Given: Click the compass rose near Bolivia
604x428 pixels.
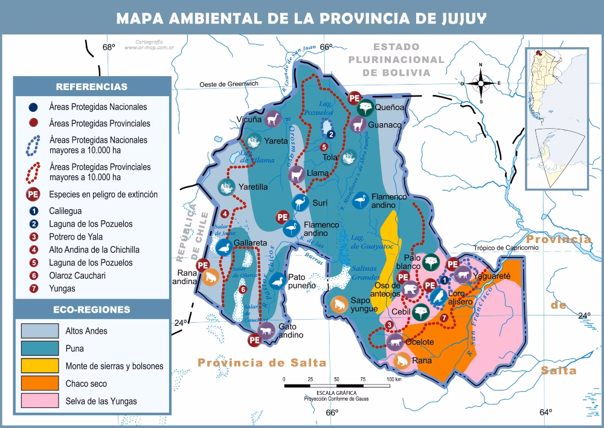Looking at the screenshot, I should [x=481, y=83].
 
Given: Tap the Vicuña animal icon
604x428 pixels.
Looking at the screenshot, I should [x=272, y=118].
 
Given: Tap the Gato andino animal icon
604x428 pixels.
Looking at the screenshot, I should [x=266, y=330].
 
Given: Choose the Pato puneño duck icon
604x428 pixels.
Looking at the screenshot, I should [x=277, y=281].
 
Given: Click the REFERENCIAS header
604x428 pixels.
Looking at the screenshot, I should [x=91, y=86].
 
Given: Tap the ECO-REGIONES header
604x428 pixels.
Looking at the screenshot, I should [x=91, y=310].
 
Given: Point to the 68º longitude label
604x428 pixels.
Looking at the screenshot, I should [x=108, y=47].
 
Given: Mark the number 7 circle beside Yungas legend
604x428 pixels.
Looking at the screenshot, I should [x=35, y=289].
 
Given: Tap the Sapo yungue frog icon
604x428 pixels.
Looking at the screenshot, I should [x=339, y=304].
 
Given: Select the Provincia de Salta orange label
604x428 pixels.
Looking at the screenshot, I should [x=262, y=363].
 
